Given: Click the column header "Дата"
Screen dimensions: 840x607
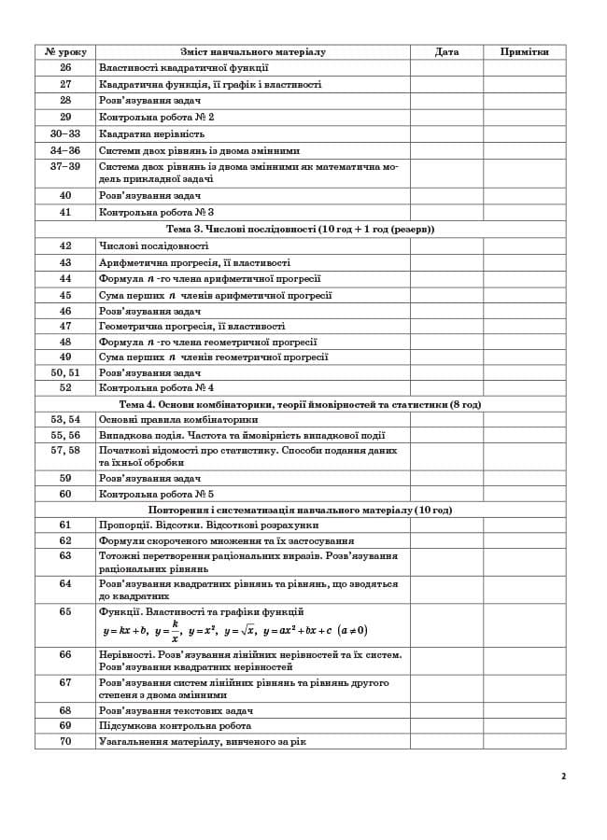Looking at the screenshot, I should pos(446,52).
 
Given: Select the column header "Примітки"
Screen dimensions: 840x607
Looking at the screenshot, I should pos(524,52).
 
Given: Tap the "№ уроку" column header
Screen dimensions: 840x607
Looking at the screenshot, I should pos(65,52).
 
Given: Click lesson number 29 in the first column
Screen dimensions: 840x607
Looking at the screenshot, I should pos(65,117).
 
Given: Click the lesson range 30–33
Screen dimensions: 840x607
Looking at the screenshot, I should pos(65,133).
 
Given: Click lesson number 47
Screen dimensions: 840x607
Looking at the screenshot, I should pos(65,327).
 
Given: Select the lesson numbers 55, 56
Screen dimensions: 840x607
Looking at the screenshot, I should pos(65,435).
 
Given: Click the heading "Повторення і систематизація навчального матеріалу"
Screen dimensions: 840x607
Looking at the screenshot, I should pos(300,511).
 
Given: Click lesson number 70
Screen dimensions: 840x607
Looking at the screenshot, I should pos(65,741).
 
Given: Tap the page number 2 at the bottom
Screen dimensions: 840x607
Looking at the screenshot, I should pos(564,776).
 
